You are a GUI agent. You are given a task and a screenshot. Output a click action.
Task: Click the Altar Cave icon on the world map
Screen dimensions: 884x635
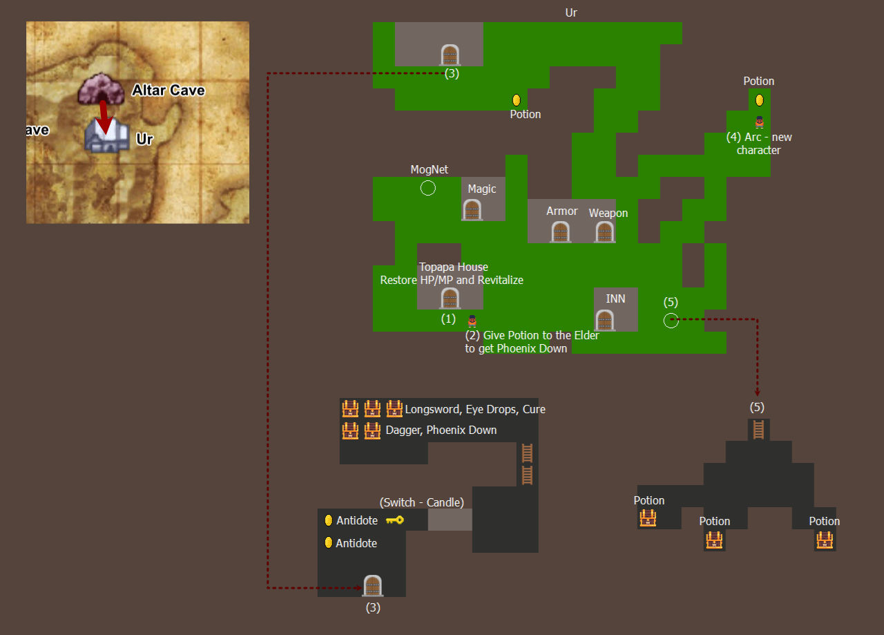tap(101, 89)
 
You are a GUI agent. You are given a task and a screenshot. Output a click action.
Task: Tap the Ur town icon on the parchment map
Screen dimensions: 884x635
tap(107, 135)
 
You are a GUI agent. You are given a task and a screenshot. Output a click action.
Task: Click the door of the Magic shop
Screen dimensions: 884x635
tap(472, 209)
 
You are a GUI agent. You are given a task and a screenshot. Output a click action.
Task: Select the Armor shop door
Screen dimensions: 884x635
tap(560, 231)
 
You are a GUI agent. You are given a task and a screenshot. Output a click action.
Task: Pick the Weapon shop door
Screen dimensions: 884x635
tap(604, 231)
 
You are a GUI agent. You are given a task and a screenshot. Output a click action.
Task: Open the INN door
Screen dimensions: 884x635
tap(604, 321)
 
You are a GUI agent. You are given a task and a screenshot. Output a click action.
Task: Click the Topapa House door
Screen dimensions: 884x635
tap(450, 298)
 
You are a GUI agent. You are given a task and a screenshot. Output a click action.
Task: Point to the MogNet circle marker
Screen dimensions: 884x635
tap(427, 188)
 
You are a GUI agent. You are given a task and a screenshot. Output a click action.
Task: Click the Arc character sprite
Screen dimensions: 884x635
tap(759, 122)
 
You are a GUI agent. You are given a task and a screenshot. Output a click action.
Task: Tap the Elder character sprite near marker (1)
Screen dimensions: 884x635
tap(472, 321)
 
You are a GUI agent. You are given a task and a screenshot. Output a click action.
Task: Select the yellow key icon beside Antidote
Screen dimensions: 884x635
tap(394, 520)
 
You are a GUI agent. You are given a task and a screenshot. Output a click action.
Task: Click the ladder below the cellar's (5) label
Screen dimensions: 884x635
tap(758, 430)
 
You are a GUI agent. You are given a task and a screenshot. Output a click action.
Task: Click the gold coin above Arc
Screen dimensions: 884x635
tap(759, 100)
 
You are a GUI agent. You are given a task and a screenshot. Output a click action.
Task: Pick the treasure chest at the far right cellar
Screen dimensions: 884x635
tap(825, 540)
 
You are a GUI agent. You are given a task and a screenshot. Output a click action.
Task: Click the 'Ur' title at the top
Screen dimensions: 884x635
tap(571, 12)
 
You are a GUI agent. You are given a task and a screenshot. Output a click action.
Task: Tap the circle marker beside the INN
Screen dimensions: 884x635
tap(671, 321)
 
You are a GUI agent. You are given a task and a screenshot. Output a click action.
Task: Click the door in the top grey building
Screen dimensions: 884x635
tap(450, 55)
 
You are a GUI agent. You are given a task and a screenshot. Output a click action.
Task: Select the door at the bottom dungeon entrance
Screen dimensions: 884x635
tap(372, 586)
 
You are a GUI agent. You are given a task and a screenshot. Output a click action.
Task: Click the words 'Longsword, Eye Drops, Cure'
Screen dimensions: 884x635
tap(475, 410)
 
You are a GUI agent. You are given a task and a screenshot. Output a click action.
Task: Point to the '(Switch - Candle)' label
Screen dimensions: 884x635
tap(422, 502)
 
